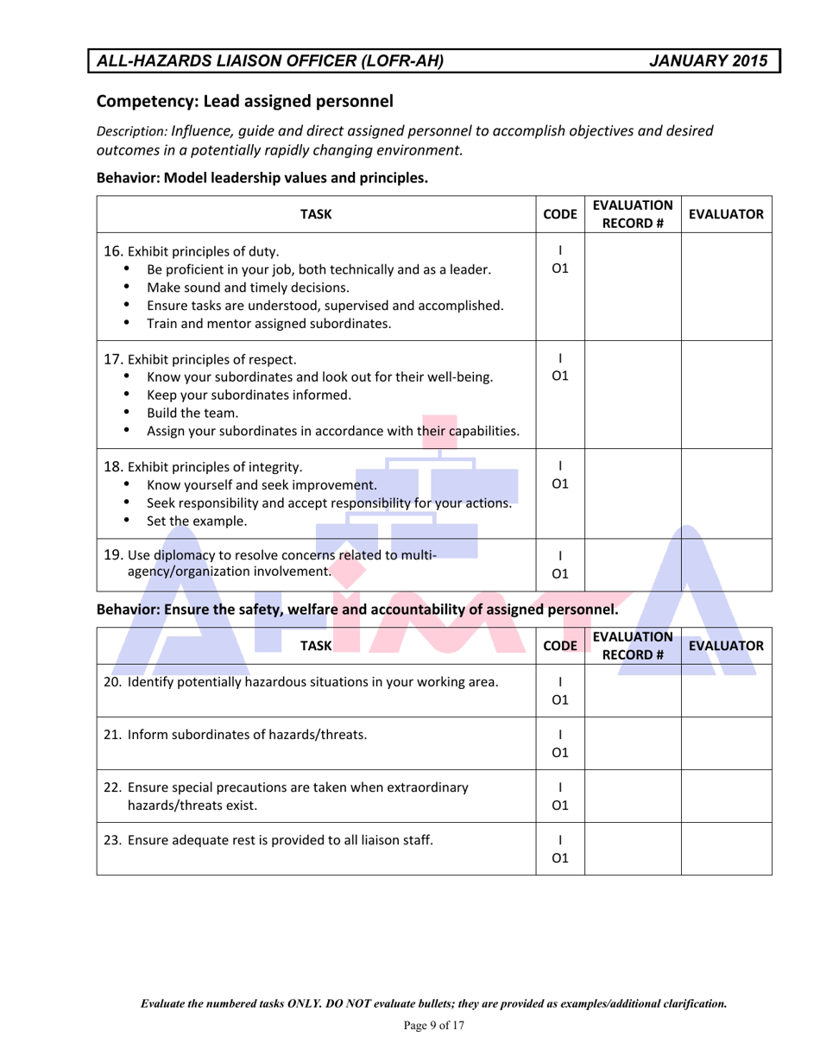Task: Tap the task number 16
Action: (x=112, y=252)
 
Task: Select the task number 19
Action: (x=112, y=554)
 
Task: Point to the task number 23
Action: (x=112, y=838)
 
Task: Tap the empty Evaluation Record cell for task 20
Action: (x=633, y=690)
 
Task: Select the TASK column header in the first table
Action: (x=316, y=214)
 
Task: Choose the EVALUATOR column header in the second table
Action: (x=726, y=645)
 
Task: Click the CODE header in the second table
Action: (x=560, y=645)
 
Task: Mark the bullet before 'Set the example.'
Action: (x=128, y=521)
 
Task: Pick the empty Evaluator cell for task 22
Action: (x=727, y=795)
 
